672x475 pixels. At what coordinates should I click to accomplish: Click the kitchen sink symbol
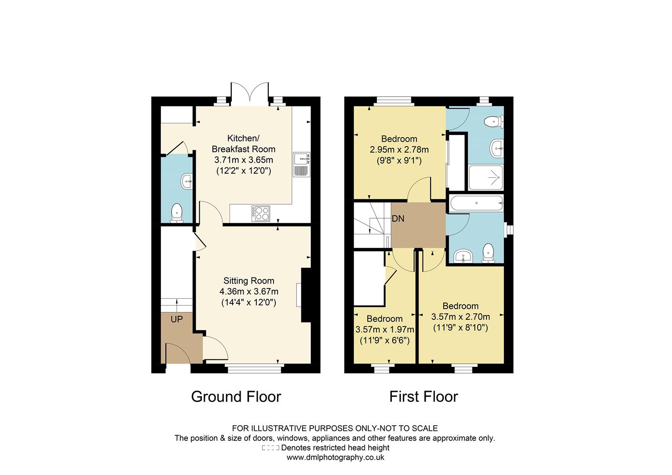pyautogui.click(x=302, y=164)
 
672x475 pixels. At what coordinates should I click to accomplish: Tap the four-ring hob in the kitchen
pyautogui.click(x=261, y=213)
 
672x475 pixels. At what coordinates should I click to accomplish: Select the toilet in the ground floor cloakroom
pyautogui.click(x=176, y=212)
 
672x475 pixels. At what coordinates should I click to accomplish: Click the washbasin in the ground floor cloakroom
pyautogui.click(x=186, y=181)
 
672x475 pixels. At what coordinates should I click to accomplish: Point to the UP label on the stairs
pyautogui.click(x=176, y=319)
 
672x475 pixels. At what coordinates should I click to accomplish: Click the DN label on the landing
pyautogui.click(x=398, y=219)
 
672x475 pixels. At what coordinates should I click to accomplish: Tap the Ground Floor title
pyautogui.click(x=236, y=397)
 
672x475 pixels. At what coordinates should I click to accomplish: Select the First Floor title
pyautogui.click(x=423, y=397)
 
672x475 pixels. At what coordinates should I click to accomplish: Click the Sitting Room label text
pyautogui.click(x=248, y=281)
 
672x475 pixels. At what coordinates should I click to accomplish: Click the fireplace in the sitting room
pyautogui.click(x=306, y=295)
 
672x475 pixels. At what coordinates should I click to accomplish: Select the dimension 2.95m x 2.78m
pyautogui.click(x=399, y=150)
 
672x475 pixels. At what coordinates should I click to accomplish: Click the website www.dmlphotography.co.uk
pyautogui.click(x=335, y=457)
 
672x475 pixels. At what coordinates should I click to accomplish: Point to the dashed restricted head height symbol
pyautogui.click(x=270, y=448)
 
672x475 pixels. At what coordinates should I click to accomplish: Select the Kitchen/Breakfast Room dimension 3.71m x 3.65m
pyautogui.click(x=243, y=160)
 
